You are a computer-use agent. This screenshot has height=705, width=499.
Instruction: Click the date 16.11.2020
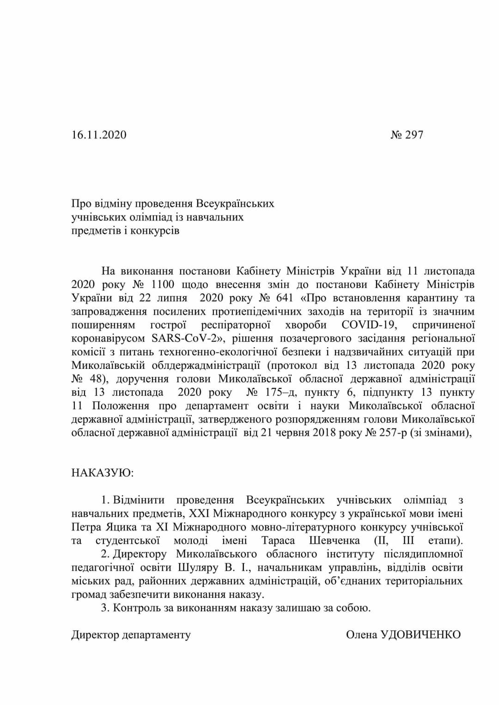[99, 135]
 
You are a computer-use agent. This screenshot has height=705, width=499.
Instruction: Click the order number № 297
[407, 135]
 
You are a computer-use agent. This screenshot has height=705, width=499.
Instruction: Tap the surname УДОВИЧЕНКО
[420, 634]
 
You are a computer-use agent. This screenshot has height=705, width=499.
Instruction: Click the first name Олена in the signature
[362, 634]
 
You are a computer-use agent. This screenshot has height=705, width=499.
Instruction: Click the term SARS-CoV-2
[184, 338]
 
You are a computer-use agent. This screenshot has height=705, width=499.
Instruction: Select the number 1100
[162, 284]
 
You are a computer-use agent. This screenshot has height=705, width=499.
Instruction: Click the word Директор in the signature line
[95, 634]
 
